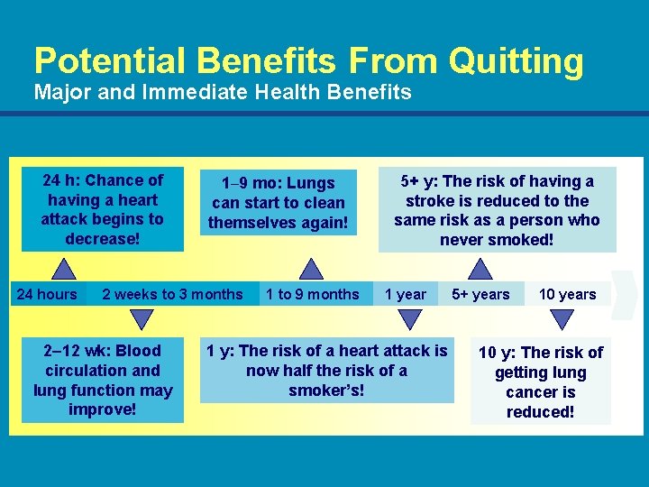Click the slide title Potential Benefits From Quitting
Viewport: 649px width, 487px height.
tap(308, 61)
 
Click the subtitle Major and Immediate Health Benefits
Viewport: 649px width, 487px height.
tap(222, 92)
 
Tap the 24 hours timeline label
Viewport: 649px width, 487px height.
tap(47, 294)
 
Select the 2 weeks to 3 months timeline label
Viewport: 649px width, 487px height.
tap(172, 294)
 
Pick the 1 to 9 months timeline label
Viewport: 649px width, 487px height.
tap(312, 294)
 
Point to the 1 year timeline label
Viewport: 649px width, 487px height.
tap(406, 294)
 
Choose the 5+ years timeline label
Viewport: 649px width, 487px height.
tap(480, 294)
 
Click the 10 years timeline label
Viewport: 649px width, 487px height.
tap(567, 294)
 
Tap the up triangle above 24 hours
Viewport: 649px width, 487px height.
tap(63, 269)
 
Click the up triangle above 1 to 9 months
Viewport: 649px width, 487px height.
tap(311, 269)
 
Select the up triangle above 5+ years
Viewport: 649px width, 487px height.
tap(480, 269)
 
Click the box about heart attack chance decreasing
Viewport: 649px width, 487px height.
tap(103, 209)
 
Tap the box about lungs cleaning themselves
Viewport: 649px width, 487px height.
tap(278, 202)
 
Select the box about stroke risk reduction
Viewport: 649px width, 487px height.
tap(497, 210)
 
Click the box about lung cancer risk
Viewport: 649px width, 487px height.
tap(540, 382)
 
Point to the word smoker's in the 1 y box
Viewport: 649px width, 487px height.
tap(326, 391)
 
